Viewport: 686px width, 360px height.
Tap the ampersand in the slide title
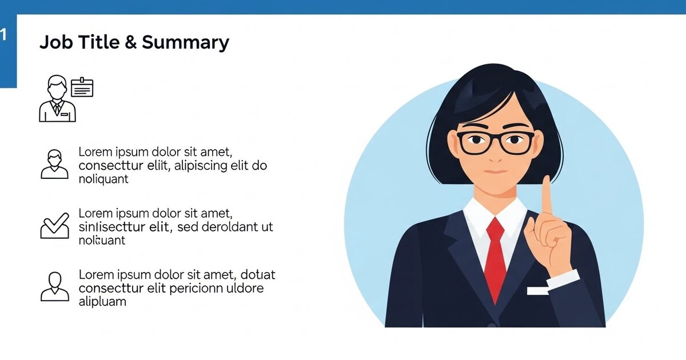pyautogui.click(x=131, y=43)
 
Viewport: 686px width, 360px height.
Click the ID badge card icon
pyautogui.click(x=82, y=87)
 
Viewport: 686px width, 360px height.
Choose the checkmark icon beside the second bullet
pyautogui.click(x=54, y=226)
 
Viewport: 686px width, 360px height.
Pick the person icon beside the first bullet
pyautogui.click(x=54, y=165)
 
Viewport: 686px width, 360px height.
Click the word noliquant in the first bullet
pyautogui.click(x=103, y=179)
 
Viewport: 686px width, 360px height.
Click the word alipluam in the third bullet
pyautogui.click(x=102, y=302)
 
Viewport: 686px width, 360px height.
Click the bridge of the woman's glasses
pyautogui.click(x=496, y=139)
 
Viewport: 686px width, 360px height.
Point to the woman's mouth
pyautogui.click(x=496, y=171)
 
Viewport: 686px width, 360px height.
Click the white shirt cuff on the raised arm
pyautogui.click(x=564, y=278)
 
